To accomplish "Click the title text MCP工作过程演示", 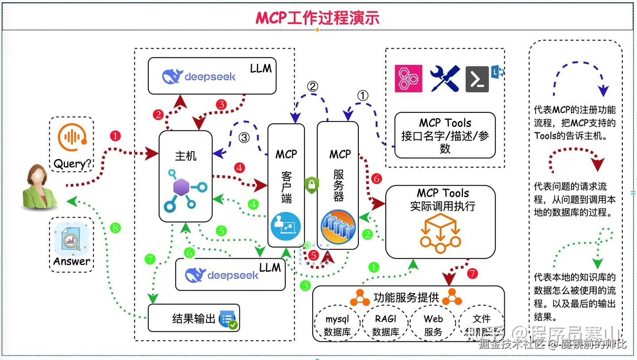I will [317, 18].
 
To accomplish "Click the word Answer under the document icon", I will [72, 261].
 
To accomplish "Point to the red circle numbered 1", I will [115, 136].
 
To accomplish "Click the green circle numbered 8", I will [115, 228].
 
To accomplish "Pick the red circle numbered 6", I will [376, 179].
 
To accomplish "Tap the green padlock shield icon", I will [311, 184].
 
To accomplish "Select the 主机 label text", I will [186, 156].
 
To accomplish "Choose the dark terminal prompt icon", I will [477, 79].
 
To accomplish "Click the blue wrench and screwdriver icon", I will [444, 79].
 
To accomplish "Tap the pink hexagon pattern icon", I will [408, 79].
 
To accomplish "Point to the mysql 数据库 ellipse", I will [337, 325].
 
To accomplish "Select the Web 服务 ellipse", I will [433, 325].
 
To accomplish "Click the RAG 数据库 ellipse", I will [385, 325].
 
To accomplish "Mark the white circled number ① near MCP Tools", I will [362, 96].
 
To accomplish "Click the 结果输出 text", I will [194, 318].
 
